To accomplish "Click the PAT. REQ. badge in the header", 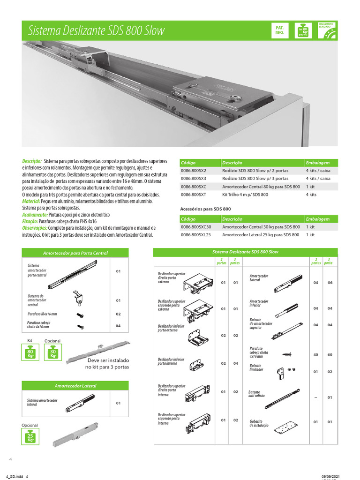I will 280,30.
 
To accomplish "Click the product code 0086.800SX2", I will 193,171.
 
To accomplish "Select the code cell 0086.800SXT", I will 193,194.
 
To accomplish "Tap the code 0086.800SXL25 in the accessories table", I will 195,235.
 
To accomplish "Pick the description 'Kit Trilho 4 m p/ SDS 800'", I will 245,194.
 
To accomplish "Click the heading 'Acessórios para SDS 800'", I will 205,209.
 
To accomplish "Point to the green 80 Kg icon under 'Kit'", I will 30,353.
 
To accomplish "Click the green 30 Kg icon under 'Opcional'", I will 52,353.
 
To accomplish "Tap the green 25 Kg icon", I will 30,438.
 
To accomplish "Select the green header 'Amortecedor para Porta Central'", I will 75,253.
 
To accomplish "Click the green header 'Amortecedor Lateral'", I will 75,386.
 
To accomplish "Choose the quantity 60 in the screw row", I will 330,354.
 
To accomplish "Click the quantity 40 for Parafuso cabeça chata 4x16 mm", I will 316,354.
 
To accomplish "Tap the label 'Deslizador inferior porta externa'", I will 171,328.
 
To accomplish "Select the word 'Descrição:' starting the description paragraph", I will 32,161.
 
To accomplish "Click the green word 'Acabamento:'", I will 37,214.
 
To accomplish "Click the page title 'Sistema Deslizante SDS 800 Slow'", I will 97,31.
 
